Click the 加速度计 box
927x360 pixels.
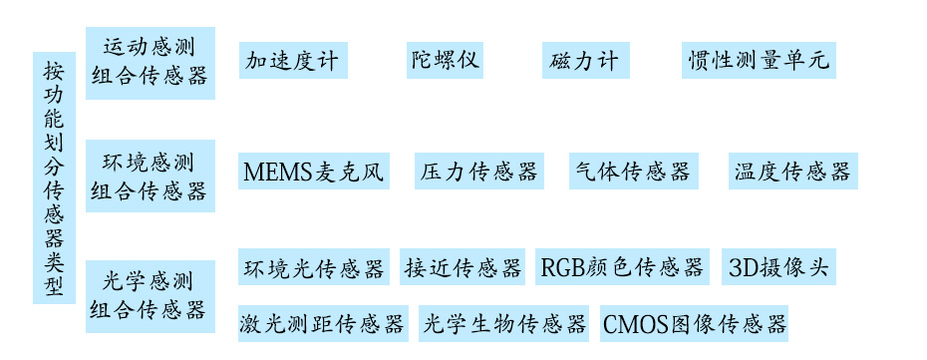click(292, 61)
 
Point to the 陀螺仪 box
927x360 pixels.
click(445, 60)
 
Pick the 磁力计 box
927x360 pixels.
click(584, 61)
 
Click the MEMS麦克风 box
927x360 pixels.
click(312, 172)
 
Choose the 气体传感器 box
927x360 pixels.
click(633, 171)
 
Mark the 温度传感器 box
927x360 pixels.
click(792, 171)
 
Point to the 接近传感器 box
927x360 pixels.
click(463, 267)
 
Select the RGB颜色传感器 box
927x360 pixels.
click(622, 267)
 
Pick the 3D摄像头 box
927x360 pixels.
click(777, 266)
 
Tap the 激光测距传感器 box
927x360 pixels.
click(322, 324)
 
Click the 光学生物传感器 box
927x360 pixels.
click(504, 324)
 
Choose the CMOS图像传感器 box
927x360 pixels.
click(695, 324)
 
